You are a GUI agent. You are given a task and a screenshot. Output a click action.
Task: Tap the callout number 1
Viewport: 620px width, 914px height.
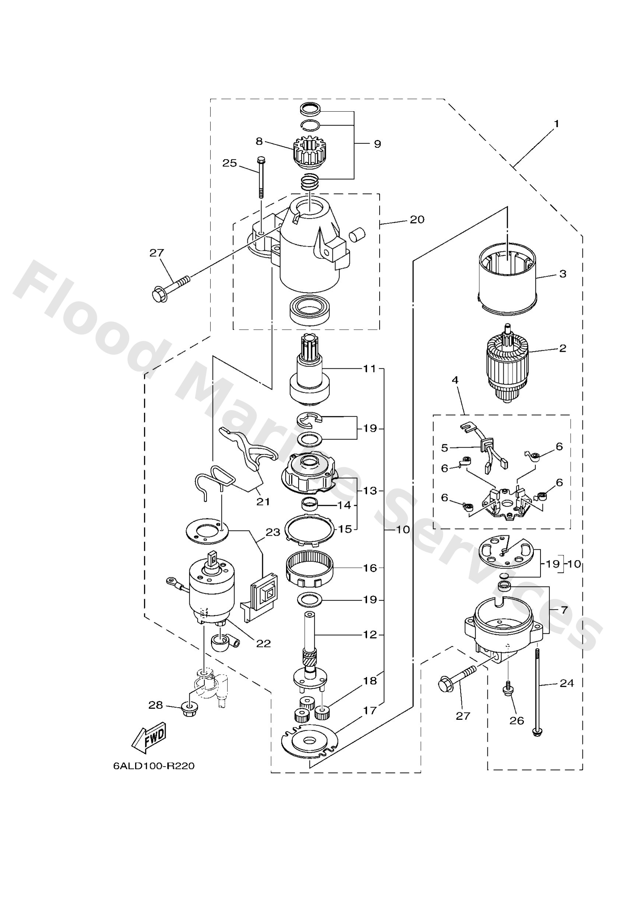(556, 123)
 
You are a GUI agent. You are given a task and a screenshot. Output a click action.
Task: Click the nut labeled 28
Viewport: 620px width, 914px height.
(190, 709)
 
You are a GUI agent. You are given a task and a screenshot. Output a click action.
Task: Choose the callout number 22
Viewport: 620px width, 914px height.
(263, 644)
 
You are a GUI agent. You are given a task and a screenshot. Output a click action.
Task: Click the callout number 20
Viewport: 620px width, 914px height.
(417, 220)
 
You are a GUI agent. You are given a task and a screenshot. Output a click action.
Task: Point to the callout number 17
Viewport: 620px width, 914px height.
(370, 711)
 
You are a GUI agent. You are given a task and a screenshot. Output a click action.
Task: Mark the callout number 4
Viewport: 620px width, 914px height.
(455, 380)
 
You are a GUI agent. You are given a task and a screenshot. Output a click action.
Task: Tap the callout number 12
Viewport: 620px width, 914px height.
(370, 634)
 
